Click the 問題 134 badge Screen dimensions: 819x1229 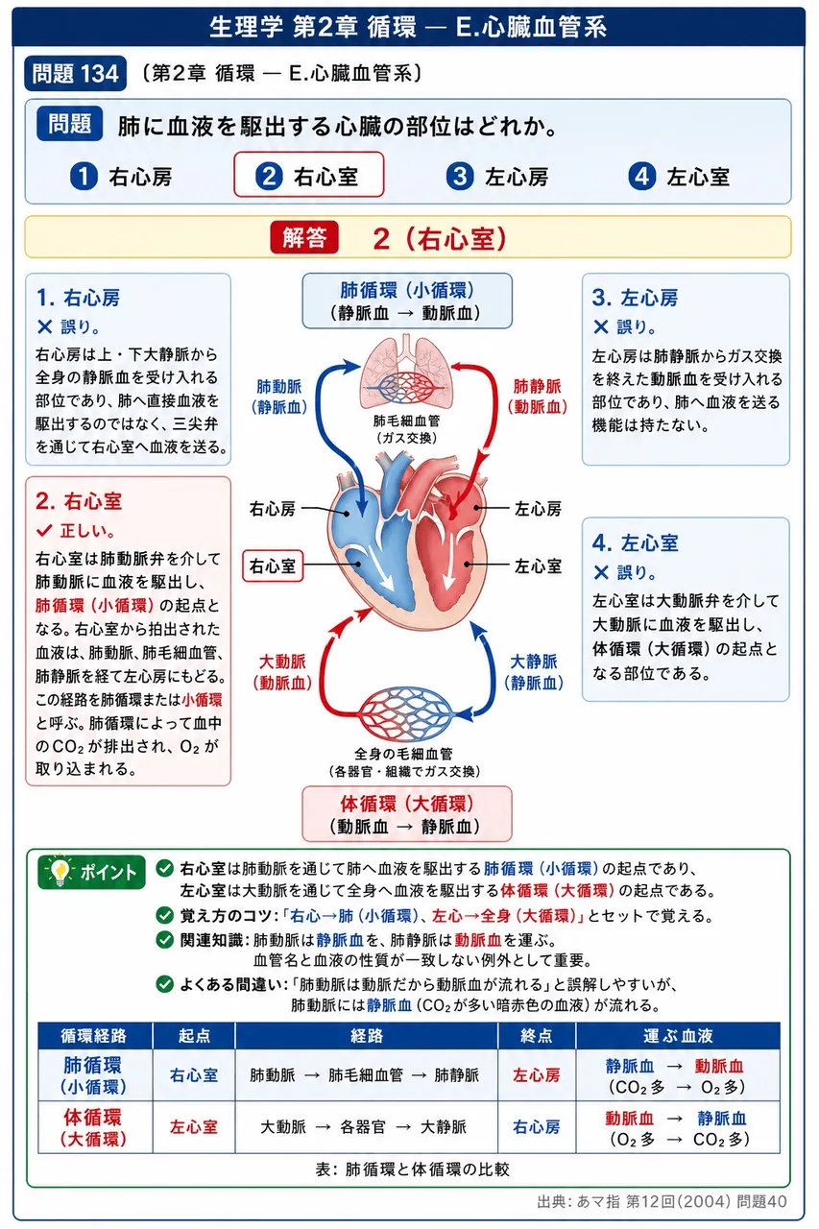click(x=75, y=74)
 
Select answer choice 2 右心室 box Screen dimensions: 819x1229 click(x=309, y=175)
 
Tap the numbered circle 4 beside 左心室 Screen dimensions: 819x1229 click(x=641, y=177)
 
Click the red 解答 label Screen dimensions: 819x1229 click(x=304, y=237)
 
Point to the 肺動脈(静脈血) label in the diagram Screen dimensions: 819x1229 click(x=279, y=397)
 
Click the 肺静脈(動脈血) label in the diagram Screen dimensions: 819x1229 click(x=537, y=397)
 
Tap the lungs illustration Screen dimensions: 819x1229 click(x=405, y=372)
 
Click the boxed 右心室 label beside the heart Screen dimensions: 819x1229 click(x=273, y=566)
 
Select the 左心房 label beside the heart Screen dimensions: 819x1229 click(x=538, y=509)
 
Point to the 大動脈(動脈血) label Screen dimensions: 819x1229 click(x=282, y=672)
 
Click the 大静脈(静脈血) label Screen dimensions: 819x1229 click(x=534, y=672)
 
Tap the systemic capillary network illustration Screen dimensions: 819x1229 click(x=406, y=713)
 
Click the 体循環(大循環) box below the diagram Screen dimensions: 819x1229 click(x=406, y=814)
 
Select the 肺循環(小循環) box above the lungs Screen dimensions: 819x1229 click(x=407, y=301)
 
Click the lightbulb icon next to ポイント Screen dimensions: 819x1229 click(x=60, y=871)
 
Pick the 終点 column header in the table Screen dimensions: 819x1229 click(x=536, y=1036)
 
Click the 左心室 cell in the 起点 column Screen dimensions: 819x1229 click(x=194, y=1127)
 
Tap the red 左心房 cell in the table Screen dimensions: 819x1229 click(x=536, y=1075)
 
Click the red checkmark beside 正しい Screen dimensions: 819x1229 click(x=44, y=531)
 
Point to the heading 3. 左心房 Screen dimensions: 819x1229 click(x=635, y=298)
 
